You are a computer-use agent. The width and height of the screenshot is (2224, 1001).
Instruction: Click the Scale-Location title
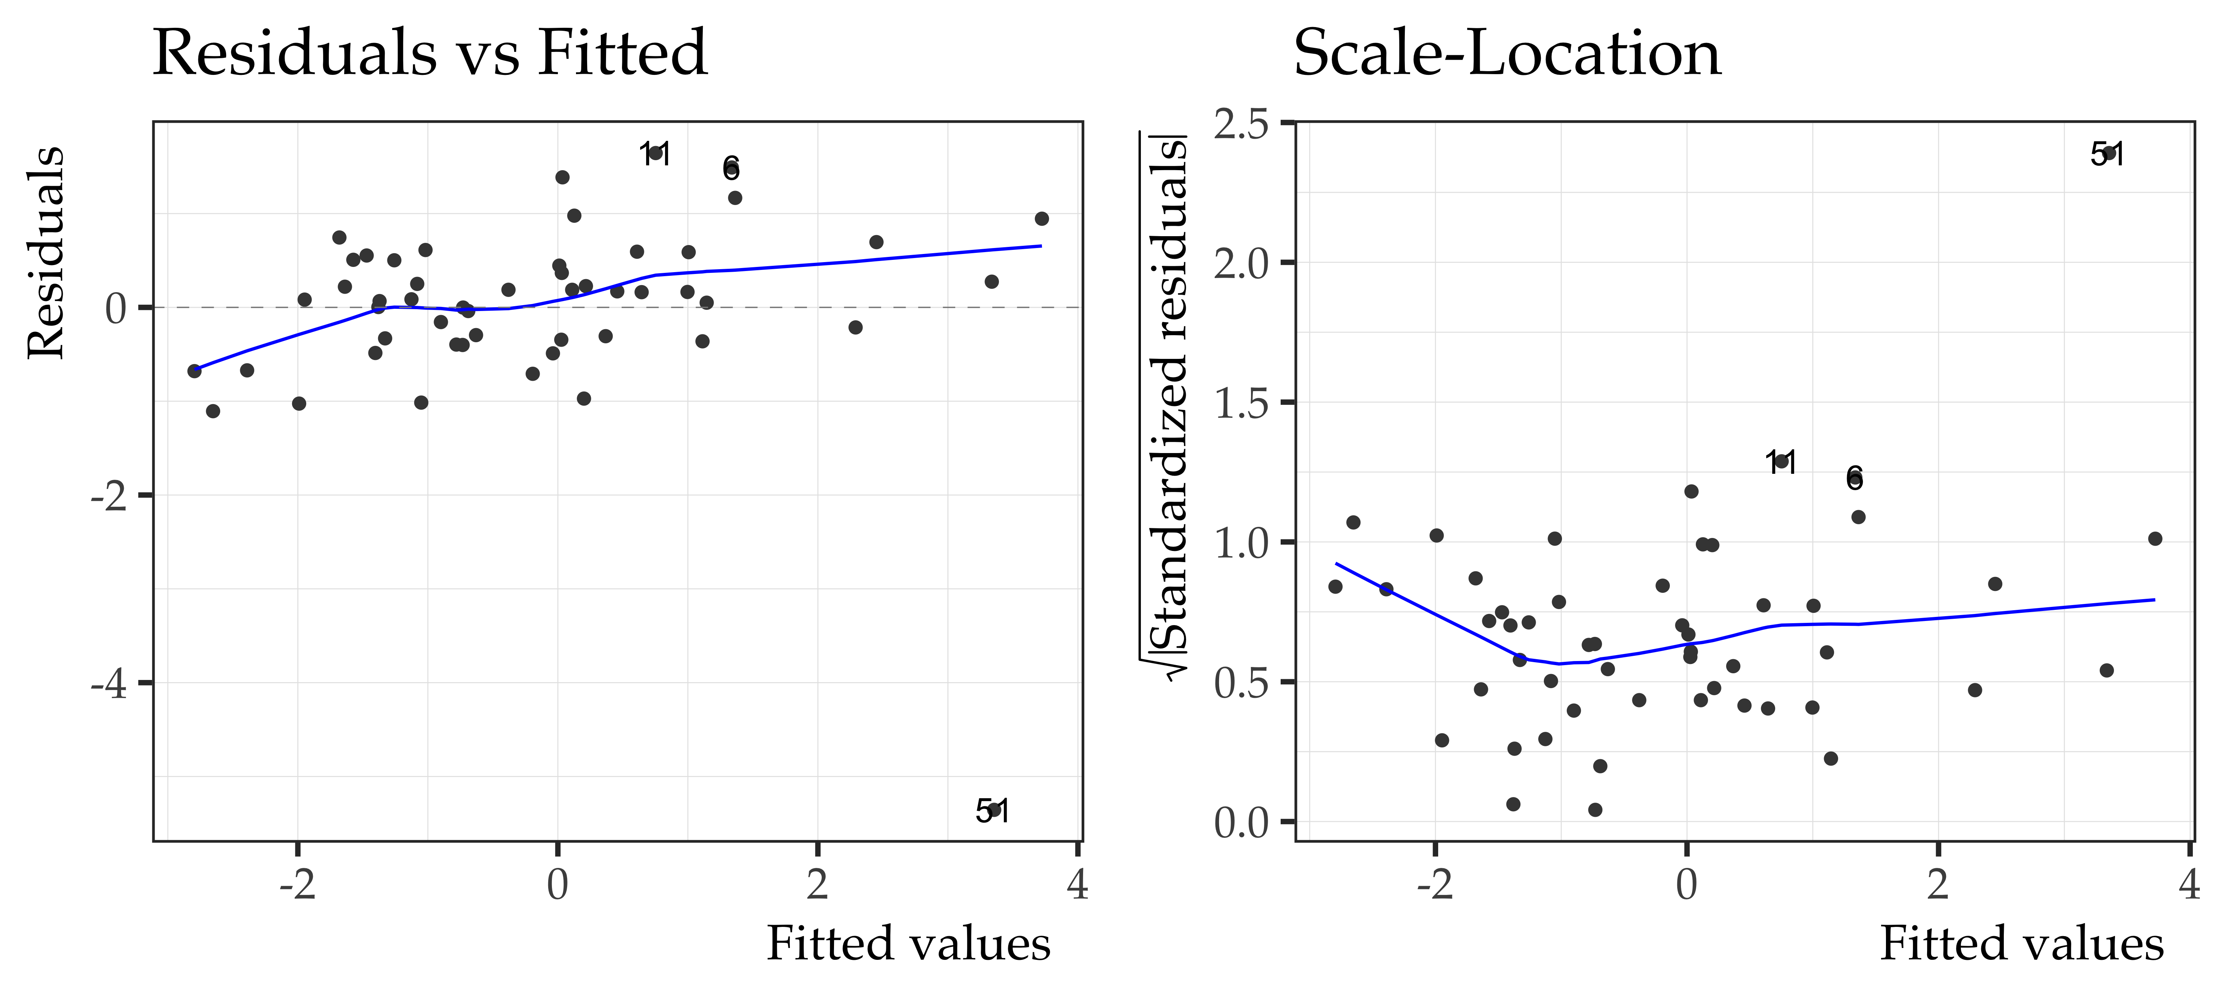pyautogui.click(x=1506, y=53)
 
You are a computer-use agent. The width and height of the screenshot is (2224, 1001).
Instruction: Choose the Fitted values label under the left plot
pyautogui.click(x=908, y=943)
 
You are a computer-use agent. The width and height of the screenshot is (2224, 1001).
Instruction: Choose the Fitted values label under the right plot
pyautogui.click(x=2021, y=943)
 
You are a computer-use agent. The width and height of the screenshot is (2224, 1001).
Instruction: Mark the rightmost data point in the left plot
pyautogui.click(x=1041, y=218)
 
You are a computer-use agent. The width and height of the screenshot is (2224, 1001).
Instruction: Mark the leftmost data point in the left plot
pyautogui.click(x=194, y=370)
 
